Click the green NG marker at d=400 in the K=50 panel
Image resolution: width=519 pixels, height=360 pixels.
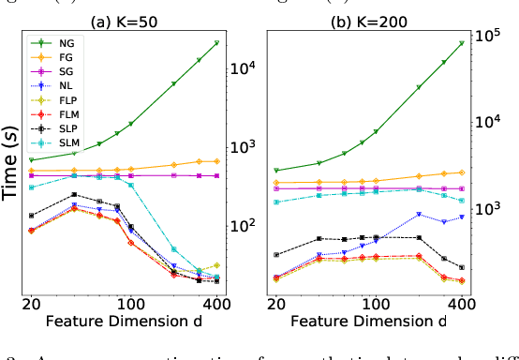point(217,43)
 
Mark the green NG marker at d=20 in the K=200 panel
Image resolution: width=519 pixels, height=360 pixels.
point(276,171)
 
